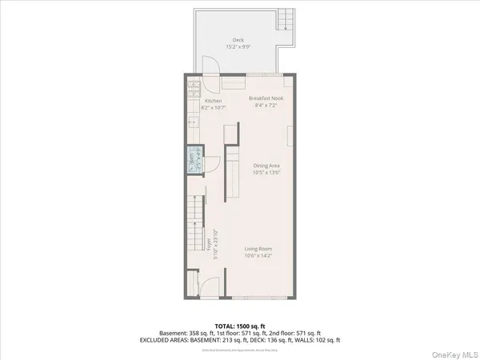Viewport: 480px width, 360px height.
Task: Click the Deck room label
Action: point(238,39)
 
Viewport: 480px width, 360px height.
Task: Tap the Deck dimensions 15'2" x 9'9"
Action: point(238,46)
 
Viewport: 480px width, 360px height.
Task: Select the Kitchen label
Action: point(213,101)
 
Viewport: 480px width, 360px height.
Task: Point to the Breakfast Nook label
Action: point(266,98)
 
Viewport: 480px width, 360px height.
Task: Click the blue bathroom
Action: point(192,161)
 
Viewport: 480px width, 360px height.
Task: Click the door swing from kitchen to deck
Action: point(208,67)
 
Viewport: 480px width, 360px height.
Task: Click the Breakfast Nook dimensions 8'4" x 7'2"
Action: point(266,105)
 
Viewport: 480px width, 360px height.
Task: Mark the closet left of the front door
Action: point(191,284)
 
